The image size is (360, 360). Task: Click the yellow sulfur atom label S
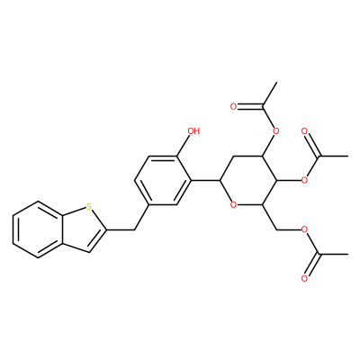point(88,206)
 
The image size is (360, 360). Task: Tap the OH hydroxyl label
point(193,131)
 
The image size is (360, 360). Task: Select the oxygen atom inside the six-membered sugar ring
point(234,205)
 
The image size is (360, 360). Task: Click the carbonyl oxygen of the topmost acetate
point(234,106)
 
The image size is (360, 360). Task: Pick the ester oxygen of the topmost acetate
point(276,131)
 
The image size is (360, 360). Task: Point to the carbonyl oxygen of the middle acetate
point(305,131)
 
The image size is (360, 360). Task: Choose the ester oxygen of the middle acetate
point(305,180)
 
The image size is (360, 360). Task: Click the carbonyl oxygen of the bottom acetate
point(305,279)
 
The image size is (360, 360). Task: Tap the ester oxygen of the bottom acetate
point(305,229)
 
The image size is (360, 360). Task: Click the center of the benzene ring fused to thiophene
point(38,229)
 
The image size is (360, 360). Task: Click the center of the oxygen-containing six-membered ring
point(248,180)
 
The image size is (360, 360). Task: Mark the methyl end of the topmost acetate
point(276,83)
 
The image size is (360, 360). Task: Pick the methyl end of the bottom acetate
point(347,255)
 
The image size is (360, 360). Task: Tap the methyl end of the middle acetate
point(347,156)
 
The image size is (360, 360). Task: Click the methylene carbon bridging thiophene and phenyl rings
point(134,229)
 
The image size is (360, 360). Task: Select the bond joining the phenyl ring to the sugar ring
point(205,180)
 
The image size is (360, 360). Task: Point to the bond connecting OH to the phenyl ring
point(183,146)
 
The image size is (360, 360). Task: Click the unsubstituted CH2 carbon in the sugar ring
point(234,156)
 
